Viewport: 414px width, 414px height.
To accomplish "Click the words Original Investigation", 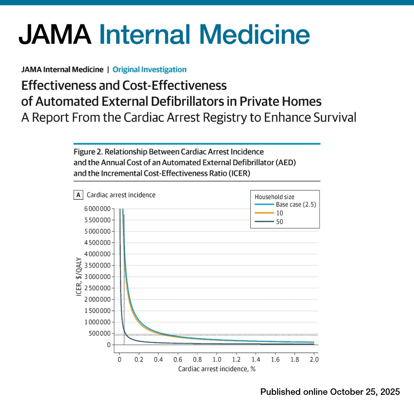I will tap(149, 69).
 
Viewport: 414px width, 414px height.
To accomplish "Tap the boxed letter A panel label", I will tap(78, 195).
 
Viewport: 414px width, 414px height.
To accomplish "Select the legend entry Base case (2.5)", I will tap(296, 204).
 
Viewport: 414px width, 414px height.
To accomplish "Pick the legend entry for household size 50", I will tap(280, 222).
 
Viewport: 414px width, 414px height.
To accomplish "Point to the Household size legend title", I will tap(274, 197).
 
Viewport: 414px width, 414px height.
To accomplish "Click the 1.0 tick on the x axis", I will tap(217, 360).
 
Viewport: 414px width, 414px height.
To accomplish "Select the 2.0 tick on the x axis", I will tap(314, 360).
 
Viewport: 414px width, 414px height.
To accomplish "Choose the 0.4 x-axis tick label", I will tap(158, 360).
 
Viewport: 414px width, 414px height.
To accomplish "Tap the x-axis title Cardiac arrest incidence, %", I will tap(217, 369).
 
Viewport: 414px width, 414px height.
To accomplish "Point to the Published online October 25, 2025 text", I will tap(330, 392).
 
